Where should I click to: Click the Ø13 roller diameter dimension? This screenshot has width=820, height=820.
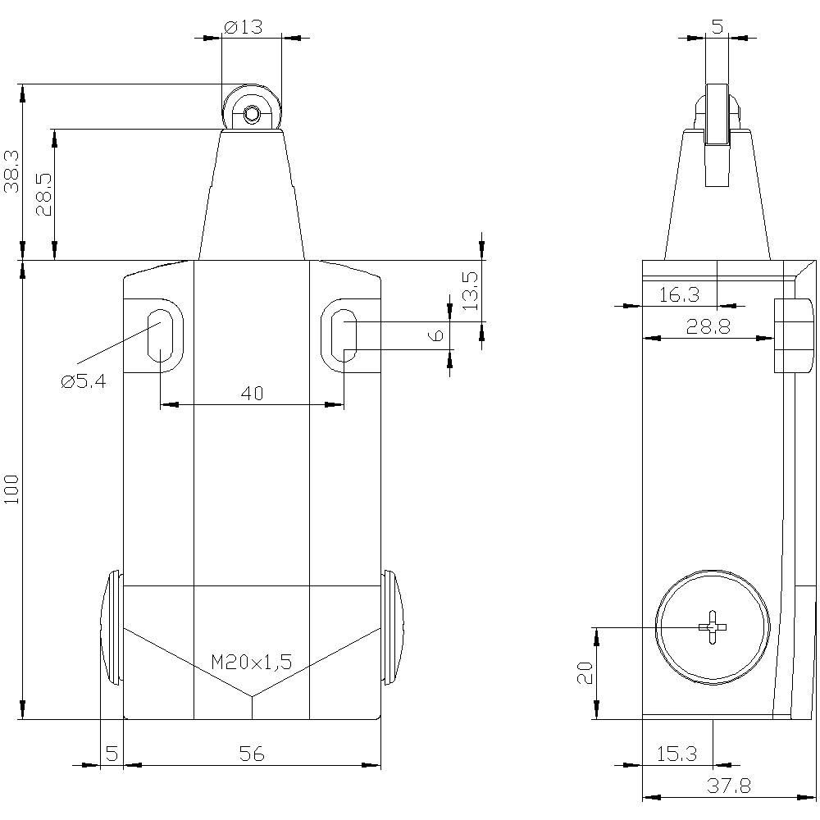pyautogui.click(x=242, y=26)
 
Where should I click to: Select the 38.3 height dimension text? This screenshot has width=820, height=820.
pyautogui.click(x=11, y=171)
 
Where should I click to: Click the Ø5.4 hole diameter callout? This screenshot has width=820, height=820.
pyautogui.click(x=83, y=381)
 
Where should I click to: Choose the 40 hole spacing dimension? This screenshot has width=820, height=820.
pyautogui.click(x=252, y=394)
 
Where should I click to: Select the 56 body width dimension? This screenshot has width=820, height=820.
pyautogui.click(x=252, y=754)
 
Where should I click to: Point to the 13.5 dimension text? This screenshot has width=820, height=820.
pyautogui.click(x=469, y=289)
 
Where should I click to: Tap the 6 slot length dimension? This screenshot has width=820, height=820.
pyautogui.click(x=437, y=335)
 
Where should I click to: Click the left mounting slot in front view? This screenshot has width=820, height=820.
pyautogui.click(x=158, y=335)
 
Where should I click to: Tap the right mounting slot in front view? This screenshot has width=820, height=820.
pyautogui.click(x=344, y=335)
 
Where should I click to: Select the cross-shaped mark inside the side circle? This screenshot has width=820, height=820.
pyautogui.click(x=713, y=627)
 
